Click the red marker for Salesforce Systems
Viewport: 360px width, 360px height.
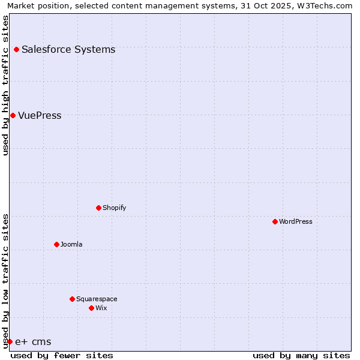click(16, 49)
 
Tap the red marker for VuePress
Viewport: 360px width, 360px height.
click(13, 115)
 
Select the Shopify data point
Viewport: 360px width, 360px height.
click(98, 208)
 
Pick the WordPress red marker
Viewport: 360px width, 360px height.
click(275, 221)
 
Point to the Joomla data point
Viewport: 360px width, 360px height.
click(56, 244)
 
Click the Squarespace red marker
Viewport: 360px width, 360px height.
click(72, 299)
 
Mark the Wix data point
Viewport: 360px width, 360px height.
click(91, 308)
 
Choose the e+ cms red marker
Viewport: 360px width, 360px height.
click(10, 341)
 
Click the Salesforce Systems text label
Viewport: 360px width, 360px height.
click(68, 49)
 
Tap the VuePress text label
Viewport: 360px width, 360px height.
click(40, 115)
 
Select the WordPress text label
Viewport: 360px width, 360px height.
click(296, 221)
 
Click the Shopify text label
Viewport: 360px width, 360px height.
click(114, 208)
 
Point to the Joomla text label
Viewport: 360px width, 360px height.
click(71, 244)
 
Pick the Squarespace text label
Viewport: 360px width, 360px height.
click(97, 299)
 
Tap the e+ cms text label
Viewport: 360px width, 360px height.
click(33, 341)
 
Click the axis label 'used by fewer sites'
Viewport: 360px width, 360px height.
click(62, 355)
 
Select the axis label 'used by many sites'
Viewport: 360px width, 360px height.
click(301, 355)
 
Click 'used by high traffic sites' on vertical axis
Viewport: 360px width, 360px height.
click(5, 85)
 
